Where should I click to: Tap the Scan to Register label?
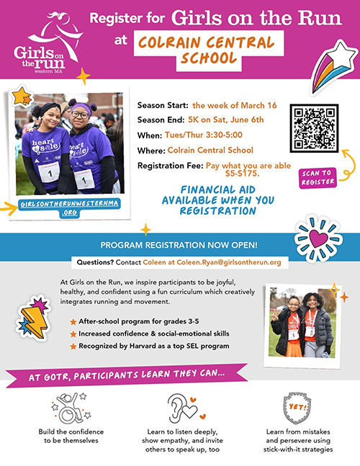[316, 178]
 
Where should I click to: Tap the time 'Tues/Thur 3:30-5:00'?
[210, 135]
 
